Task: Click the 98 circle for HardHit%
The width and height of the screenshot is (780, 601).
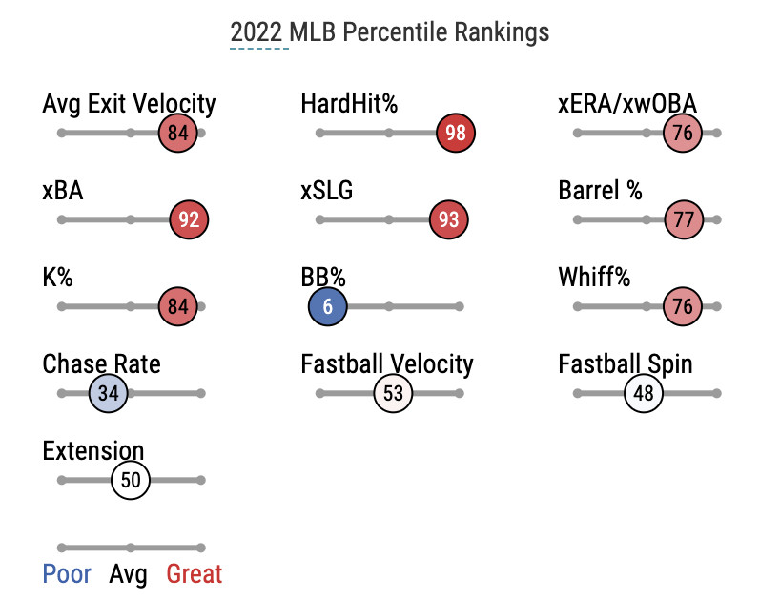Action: coord(456,133)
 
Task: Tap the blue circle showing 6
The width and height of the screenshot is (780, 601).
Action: coord(328,307)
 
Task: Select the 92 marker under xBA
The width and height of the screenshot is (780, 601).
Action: coord(189,219)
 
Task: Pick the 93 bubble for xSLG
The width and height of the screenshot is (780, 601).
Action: coord(449,219)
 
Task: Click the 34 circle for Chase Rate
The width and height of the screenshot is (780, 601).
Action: coord(108,393)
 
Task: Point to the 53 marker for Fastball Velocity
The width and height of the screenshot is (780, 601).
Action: coord(393,393)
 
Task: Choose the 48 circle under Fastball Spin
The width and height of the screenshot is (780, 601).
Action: coord(644,393)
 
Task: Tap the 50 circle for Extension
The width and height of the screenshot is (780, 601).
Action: coord(131,480)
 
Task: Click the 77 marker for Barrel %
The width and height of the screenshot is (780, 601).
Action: coord(683,219)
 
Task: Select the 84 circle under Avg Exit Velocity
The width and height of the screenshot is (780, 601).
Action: coord(177,133)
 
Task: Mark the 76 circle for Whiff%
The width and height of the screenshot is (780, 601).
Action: coord(683,307)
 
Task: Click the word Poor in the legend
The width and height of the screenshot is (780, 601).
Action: coord(67,574)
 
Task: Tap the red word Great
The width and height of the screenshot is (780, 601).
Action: coord(195,574)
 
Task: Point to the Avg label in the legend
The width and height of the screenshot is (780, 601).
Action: coord(129,574)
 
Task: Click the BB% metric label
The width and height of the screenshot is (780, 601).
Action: coord(323,278)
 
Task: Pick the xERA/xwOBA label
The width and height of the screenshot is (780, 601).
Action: coord(627,103)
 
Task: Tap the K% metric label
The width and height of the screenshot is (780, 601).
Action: coord(58,278)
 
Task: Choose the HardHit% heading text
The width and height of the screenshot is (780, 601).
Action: coord(348,103)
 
